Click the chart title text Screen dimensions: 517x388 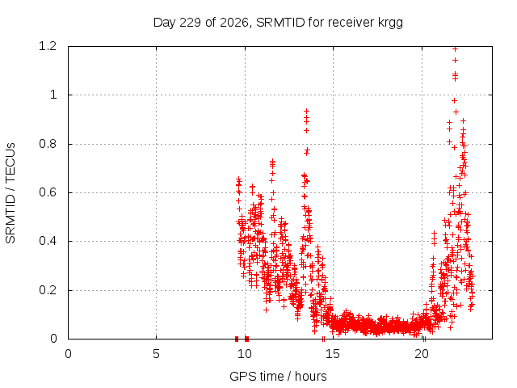278,23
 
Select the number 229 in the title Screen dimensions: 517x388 191,23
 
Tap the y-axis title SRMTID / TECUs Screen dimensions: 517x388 11,193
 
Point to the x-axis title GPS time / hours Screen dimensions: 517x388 278,376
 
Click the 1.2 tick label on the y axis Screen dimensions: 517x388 48,46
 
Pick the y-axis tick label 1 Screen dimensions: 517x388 53,95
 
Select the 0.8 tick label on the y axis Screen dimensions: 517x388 48,144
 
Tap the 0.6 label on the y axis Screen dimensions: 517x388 48,192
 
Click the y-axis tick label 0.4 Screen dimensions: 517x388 48,241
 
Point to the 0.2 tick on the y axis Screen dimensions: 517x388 48,290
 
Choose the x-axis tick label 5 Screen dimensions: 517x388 156,354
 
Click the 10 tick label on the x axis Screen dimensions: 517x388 245,354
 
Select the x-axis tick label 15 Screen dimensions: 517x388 333,354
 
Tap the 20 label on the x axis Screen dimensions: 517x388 422,354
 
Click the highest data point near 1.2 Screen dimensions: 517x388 456,48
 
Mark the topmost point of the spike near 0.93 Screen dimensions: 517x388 307,111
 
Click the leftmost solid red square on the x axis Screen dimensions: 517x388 237,339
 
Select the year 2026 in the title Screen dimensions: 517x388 233,23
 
